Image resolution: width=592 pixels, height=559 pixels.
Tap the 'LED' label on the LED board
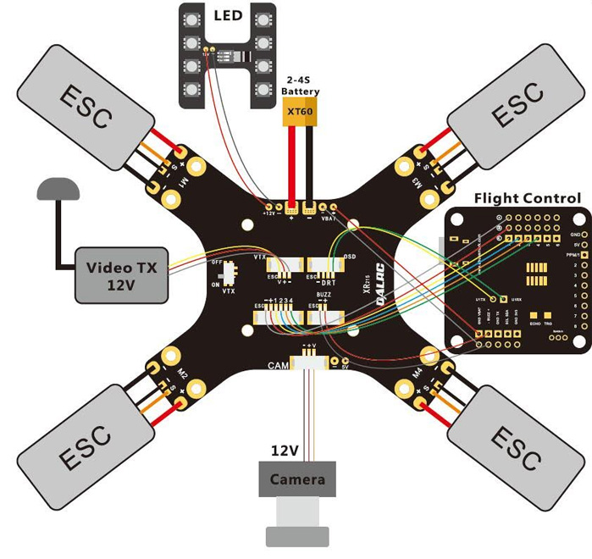[228, 16]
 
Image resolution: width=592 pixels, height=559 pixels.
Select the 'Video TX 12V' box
[123, 275]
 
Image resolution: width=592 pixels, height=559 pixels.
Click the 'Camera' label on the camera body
[297, 479]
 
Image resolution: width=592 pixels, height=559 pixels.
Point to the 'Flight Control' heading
[527, 198]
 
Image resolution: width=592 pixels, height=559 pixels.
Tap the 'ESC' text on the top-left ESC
[85, 107]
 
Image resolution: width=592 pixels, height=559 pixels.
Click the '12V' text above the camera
[285, 451]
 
